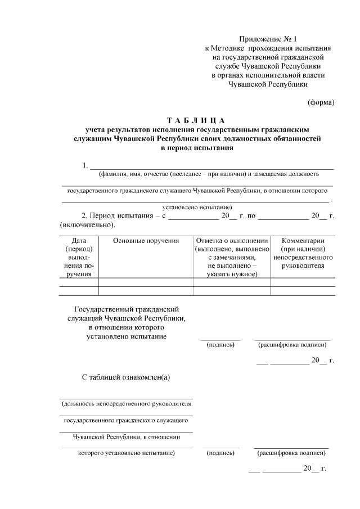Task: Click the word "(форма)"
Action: pyautogui.click(x=321, y=102)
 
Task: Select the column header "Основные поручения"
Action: pyautogui.click(x=146, y=241)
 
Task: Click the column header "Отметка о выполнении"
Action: pyautogui.click(x=232, y=241)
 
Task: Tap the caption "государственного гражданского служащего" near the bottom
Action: pyautogui.click(x=126, y=420)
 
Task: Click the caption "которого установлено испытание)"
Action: pyautogui.click(x=126, y=453)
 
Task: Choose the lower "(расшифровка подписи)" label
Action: pyautogui.click(x=292, y=453)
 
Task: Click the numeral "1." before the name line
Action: pyautogui.click(x=85, y=165)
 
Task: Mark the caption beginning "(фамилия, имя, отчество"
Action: pyautogui.click(x=208, y=174)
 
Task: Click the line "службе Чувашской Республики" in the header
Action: pyautogui.click(x=267, y=66)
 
